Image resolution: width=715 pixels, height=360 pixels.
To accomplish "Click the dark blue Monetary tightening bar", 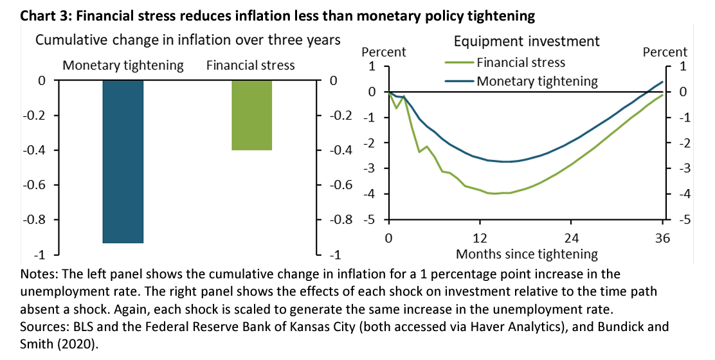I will click(x=123, y=161).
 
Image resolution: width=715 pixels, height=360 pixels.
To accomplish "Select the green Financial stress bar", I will click(x=252, y=115).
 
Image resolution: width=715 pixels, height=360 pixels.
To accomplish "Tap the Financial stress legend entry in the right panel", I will click(x=520, y=62).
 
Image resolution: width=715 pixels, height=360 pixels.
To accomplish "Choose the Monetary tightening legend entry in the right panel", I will click(x=536, y=81).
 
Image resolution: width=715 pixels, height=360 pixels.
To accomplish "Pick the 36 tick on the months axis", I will click(x=662, y=238).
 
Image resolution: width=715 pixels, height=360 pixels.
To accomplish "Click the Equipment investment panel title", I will click(x=526, y=42).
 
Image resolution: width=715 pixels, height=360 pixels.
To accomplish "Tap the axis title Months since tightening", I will click(x=527, y=253).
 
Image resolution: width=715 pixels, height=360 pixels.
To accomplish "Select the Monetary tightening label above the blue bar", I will click(x=123, y=66).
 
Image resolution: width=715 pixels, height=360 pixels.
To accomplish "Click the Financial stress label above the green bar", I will click(x=250, y=66).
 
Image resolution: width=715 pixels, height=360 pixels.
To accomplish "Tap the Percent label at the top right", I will click(x=665, y=52).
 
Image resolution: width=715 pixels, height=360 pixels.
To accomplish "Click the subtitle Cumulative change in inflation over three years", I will click(x=188, y=40).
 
